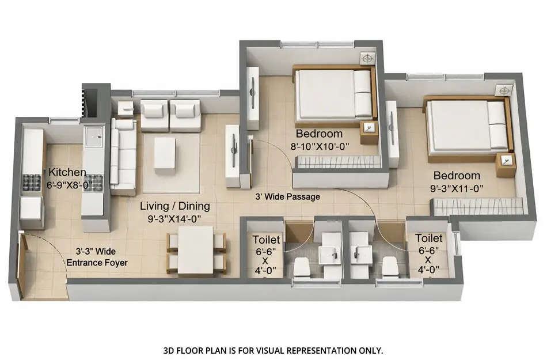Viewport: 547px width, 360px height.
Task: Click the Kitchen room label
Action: pos(67,172)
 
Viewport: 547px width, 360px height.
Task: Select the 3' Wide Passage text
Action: pos(287,196)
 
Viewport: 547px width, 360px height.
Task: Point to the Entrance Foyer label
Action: pos(97,263)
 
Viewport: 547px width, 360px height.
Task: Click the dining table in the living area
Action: pos(196,249)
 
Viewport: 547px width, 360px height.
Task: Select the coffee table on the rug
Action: pos(165,153)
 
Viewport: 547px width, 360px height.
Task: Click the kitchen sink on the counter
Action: pos(92,137)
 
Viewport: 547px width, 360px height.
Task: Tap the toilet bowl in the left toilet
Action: pos(301,267)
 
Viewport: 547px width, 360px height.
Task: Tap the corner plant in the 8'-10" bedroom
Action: pos(367,58)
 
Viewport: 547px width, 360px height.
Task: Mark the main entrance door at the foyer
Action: pos(22,265)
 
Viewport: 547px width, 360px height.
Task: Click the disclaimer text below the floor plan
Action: pos(273,350)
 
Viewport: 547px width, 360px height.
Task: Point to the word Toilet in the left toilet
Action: pos(267,239)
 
